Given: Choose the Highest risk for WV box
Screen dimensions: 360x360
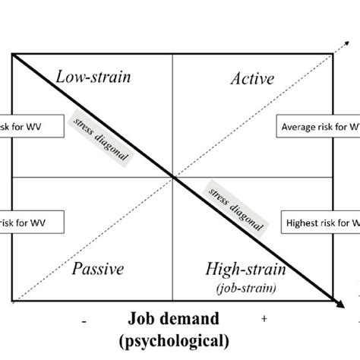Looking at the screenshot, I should click(x=320, y=223).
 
